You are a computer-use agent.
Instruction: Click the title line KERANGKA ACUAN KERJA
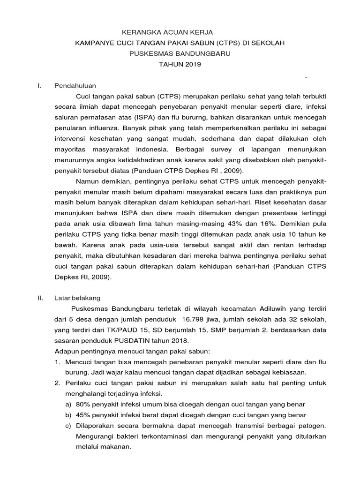167,32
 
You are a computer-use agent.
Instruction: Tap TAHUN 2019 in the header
180,64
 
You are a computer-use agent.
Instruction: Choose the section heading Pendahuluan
75,86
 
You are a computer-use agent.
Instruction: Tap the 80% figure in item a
83,404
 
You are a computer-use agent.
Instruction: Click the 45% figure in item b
83,415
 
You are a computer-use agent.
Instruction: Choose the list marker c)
68,426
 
